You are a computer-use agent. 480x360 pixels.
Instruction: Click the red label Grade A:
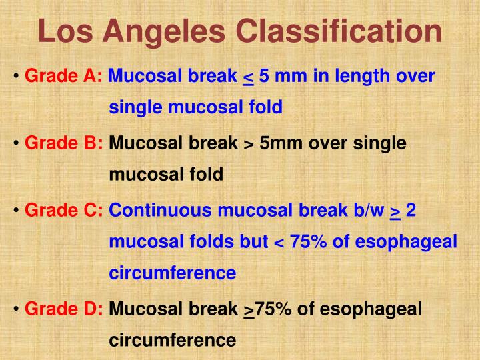(63, 77)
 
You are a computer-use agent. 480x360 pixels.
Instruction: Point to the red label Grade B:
(63, 143)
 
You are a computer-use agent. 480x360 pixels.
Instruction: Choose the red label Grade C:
(63, 211)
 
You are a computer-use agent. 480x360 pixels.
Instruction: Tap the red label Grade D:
(63, 309)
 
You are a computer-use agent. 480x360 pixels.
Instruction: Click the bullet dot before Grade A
(15, 77)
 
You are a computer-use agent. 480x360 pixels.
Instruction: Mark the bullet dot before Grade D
(15, 310)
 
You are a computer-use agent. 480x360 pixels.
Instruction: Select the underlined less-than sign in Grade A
(247, 77)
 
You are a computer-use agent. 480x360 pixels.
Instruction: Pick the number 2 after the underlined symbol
(411, 211)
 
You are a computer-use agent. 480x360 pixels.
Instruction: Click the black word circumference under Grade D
(172, 341)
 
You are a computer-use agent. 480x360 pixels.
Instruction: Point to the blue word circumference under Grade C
(172, 273)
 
